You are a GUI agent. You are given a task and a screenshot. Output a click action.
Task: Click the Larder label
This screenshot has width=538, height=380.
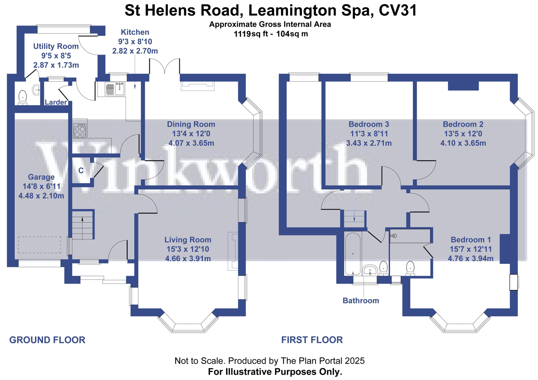click(56, 102)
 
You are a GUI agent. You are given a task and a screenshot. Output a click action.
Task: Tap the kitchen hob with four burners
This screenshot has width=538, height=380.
click(80, 131)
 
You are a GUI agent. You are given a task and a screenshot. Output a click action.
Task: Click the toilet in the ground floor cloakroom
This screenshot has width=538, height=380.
click(23, 98)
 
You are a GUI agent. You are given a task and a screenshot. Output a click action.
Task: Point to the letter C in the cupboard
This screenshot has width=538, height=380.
click(81, 170)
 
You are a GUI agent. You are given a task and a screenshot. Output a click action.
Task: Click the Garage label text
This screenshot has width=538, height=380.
click(41, 177)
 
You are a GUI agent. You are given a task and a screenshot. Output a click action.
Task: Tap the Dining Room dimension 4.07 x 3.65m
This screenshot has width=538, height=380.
click(191, 143)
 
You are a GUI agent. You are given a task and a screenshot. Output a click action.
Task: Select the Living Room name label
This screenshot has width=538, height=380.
click(188, 240)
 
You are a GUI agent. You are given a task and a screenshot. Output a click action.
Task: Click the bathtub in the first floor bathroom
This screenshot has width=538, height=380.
click(353, 254)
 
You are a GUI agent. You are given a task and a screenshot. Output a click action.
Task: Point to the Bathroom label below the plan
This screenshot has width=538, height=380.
click(361, 301)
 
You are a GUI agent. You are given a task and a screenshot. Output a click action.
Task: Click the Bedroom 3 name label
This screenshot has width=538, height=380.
click(369, 124)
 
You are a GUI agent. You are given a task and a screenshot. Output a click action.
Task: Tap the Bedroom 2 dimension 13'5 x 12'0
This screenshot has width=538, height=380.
click(463, 134)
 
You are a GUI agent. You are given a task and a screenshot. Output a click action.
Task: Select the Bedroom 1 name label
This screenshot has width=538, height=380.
click(471, 240)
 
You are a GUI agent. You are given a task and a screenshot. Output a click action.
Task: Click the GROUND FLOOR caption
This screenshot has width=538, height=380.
click(47, 340)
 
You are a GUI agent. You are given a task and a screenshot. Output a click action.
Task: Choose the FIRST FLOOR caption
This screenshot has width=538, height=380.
click(312, 340)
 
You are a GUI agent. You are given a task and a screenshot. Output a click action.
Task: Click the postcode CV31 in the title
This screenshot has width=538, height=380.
click(398, 11)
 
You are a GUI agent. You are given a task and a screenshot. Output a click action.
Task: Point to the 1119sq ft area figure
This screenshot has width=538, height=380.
click(251, 34)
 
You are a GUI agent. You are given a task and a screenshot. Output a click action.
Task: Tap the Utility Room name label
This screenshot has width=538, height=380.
click(56, 46)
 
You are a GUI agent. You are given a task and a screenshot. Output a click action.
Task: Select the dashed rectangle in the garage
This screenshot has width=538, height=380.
click(39, 245)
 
